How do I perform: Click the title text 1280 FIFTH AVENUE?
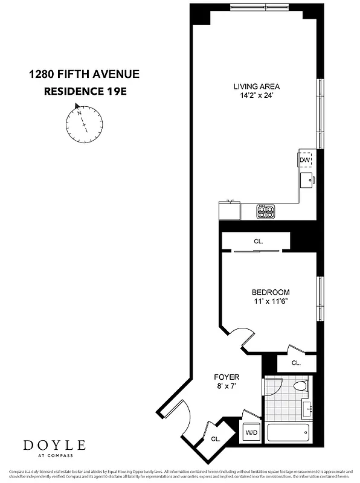coord(84,75)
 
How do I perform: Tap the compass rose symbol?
coord(83,123)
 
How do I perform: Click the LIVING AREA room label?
coord(257,86)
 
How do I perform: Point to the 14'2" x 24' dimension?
coord(257,95)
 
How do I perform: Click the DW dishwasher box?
coord(305,159)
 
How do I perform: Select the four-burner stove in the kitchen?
coord(266,212)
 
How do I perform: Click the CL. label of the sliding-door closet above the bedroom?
coord(259,241)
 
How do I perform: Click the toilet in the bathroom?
coord(300,385)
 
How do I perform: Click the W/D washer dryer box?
coord(251,433)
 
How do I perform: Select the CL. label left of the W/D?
coord(216,439)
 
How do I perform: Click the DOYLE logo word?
coord(54,446)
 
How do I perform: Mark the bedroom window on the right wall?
coord(320,299)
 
